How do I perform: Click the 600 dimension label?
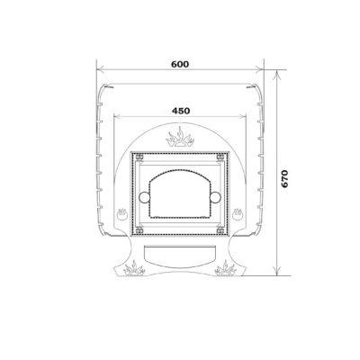(180, 64)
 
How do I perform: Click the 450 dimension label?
(181, 111)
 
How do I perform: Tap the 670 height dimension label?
(284, 178)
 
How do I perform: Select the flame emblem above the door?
(180, 138)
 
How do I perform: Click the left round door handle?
(144, 197)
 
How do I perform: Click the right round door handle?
(215, 197)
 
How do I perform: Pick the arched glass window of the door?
(180, 193)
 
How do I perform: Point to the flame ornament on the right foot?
(226, 268)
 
